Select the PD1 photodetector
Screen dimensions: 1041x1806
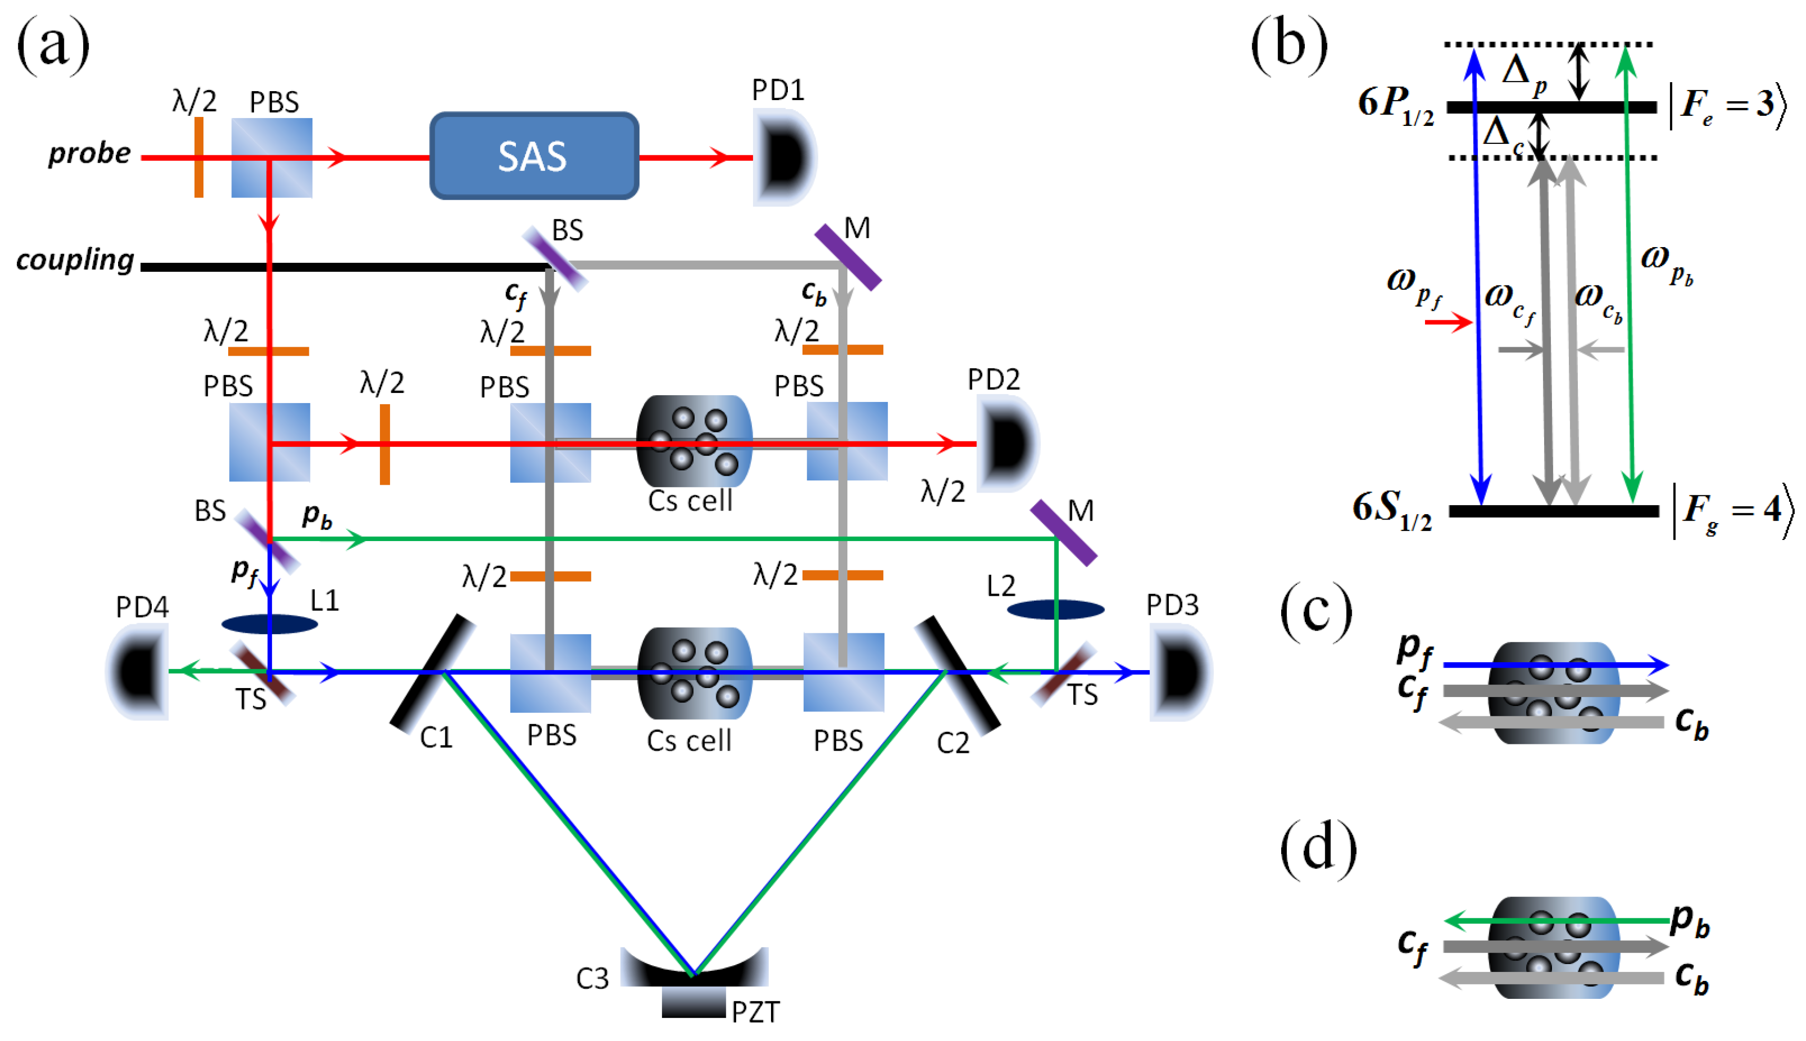point(784,158)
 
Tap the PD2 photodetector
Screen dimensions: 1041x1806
point(1007,443)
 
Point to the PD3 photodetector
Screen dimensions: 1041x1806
point(1180,672)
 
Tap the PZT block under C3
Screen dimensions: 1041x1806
point(694,1003)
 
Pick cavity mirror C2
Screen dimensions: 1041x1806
point(956,675)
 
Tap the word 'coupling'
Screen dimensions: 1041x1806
point(75,260)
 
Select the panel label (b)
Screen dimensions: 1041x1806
point(1288,44)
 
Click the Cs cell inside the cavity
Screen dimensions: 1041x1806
point(694,673)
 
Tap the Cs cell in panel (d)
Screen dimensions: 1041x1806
point(1553,947)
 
